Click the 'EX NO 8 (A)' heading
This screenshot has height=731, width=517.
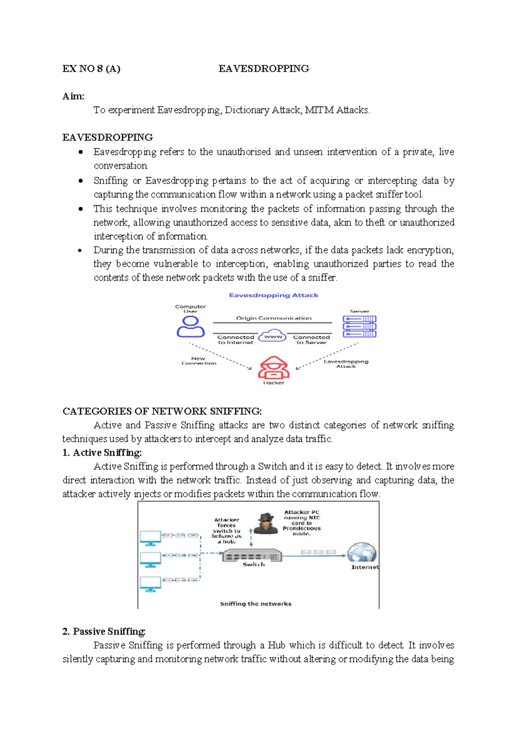(x=91, y=69)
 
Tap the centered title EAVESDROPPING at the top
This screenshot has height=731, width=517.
(x=264, y=69)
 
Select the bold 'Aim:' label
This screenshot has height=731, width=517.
(x=73, y=96)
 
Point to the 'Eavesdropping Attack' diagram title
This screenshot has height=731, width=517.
(x=274, y=295)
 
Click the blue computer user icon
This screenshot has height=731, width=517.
(x=190, y=327)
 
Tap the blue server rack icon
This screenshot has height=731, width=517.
(x=359, y=326)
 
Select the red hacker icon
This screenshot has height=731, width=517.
(x=274, y=367)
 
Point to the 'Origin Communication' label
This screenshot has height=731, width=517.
(x=274, y=318)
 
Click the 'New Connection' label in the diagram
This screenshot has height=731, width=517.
(x=199, y=361)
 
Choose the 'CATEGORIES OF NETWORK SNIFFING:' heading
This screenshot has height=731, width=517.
(x=162, y=411)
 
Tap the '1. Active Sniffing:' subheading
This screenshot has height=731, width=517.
(x=102, y=453)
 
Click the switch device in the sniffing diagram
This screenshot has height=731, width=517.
(x=252, y=556)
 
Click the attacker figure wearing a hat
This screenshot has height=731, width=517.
(x=265, y=523)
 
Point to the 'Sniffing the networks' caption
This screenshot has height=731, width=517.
(x=255, y=604)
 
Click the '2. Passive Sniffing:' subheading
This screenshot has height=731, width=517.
(x=104, y=631)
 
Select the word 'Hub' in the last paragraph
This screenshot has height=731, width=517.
(x=277, y=645)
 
